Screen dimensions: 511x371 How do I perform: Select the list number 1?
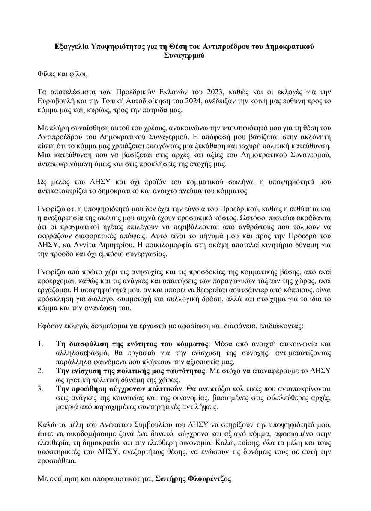click(41, 344)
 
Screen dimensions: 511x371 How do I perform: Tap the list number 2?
click(41, 371)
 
